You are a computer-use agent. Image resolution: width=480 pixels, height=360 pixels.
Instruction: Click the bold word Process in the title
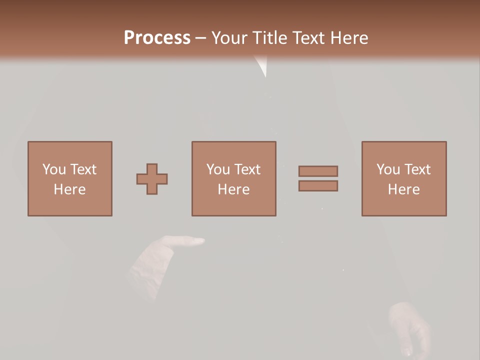157,37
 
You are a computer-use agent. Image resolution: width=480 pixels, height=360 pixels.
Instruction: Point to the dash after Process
201,38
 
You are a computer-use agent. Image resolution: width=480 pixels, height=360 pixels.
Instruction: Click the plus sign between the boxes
152,179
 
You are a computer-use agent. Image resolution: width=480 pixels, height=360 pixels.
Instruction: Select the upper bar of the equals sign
318,171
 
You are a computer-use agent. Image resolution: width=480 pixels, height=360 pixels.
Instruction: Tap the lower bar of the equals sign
318,186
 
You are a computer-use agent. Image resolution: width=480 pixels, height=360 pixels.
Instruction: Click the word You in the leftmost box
53,169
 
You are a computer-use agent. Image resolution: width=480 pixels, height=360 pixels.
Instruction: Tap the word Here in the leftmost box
70,189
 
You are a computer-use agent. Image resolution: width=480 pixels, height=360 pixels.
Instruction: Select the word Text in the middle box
247,169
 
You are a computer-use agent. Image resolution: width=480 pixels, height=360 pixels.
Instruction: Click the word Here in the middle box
234,189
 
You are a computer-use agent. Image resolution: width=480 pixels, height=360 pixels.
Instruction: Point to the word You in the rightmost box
387,169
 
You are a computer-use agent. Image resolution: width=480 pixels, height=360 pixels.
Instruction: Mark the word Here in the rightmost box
404,189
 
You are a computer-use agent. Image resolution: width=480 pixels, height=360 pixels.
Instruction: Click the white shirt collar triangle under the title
261,65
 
